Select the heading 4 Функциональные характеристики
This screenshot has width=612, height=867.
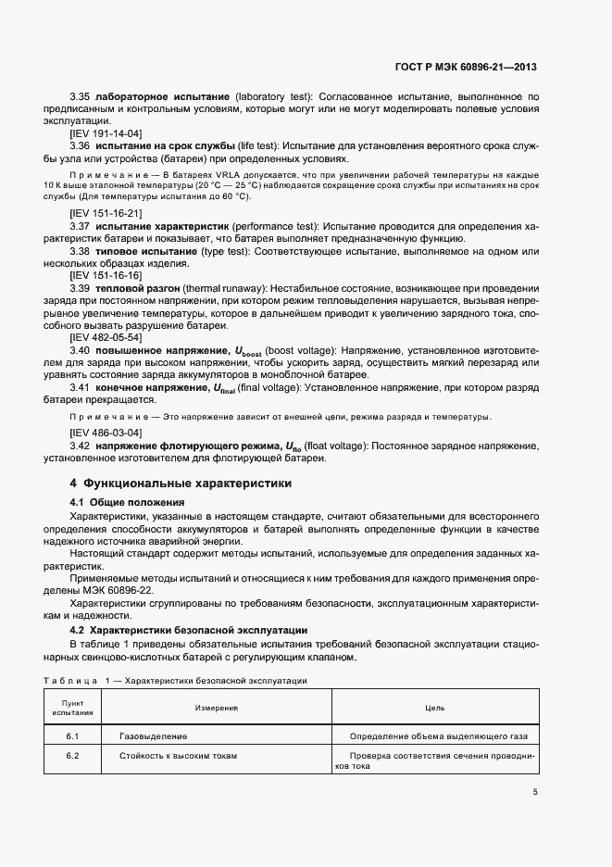pos(181,483)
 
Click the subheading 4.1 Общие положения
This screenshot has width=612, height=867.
pos(128,501)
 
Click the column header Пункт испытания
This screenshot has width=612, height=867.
pos(72,708)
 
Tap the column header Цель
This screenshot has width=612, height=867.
pos(434,708)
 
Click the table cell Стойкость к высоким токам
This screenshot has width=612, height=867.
pos(174,755)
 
